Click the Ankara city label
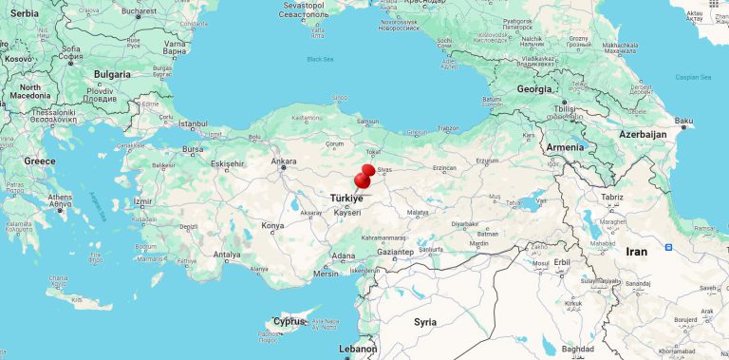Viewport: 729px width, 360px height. point(285,161)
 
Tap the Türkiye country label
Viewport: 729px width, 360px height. point(346,197)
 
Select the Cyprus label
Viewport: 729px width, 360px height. point(289,321)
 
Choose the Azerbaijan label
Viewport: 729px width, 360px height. point(645,134)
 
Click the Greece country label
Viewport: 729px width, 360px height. point(40,161)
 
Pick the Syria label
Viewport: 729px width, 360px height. point(425,322)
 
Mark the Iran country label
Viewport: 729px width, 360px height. point(636,252)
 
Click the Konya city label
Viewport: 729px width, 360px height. point(272,226)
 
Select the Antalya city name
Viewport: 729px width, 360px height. point(227,255)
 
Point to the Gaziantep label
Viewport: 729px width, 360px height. point(395,252)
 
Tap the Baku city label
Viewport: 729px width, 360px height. point(683,121)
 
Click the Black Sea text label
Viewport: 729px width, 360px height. point(321,59)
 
